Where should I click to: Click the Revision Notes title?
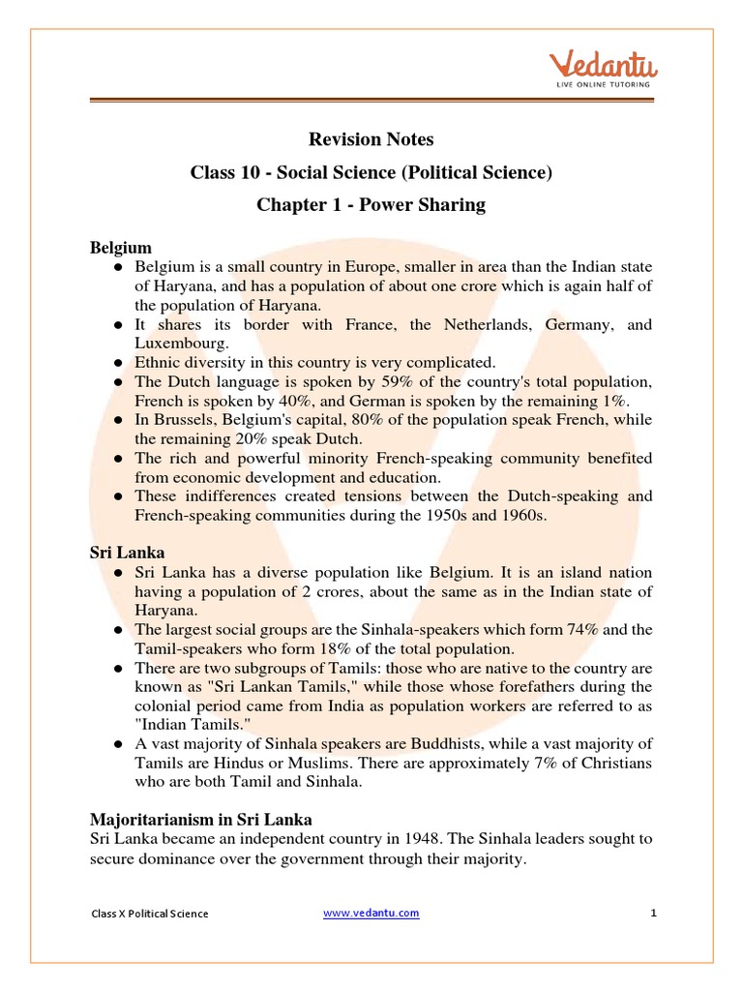(x=371, y=139)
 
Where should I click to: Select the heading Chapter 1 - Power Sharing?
(x=371, y=204)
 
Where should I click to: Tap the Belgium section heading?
(x=121, y=248)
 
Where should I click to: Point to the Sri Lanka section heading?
(x=125, y=553)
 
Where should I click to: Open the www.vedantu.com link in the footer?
(x=371, y=913)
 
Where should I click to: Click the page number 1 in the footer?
(x=654, y=913)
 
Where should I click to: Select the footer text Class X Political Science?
(x=150, y=914)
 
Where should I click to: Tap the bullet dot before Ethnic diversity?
(x=118, y=363)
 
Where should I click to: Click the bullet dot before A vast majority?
(x=118, y=743)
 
